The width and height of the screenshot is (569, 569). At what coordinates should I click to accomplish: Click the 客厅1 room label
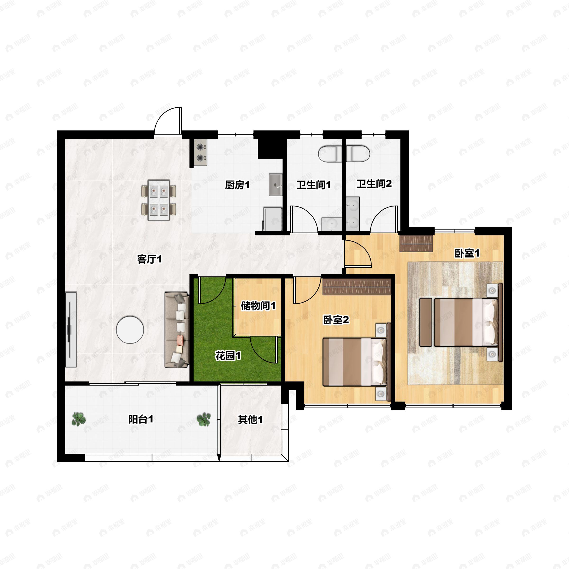(x=150, y=259)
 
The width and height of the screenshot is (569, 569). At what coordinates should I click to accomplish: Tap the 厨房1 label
(x=237, y=185)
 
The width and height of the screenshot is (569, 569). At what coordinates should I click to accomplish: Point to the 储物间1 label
(x=258, y=306)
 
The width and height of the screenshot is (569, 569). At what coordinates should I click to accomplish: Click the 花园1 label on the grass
(x=228, y=356)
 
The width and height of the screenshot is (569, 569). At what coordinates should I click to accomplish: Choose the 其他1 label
(x=250, y=420)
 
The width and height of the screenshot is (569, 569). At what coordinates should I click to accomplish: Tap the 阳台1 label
(x=141, y=419)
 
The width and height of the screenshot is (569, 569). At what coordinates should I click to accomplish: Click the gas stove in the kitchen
(x=200, y=152)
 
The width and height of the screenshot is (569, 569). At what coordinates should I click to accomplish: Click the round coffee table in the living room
(x=130, y=330)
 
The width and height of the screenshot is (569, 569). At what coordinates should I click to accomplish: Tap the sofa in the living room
(x=177, y=330)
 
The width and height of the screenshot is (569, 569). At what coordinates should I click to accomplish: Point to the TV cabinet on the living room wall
(x=71, y=330)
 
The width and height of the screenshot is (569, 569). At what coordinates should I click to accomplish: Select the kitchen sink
(x=276, y=185)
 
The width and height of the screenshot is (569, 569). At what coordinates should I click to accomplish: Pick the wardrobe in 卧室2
(x=357, y=287)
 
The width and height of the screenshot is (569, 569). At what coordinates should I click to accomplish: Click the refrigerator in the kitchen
(x=272, y=219)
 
